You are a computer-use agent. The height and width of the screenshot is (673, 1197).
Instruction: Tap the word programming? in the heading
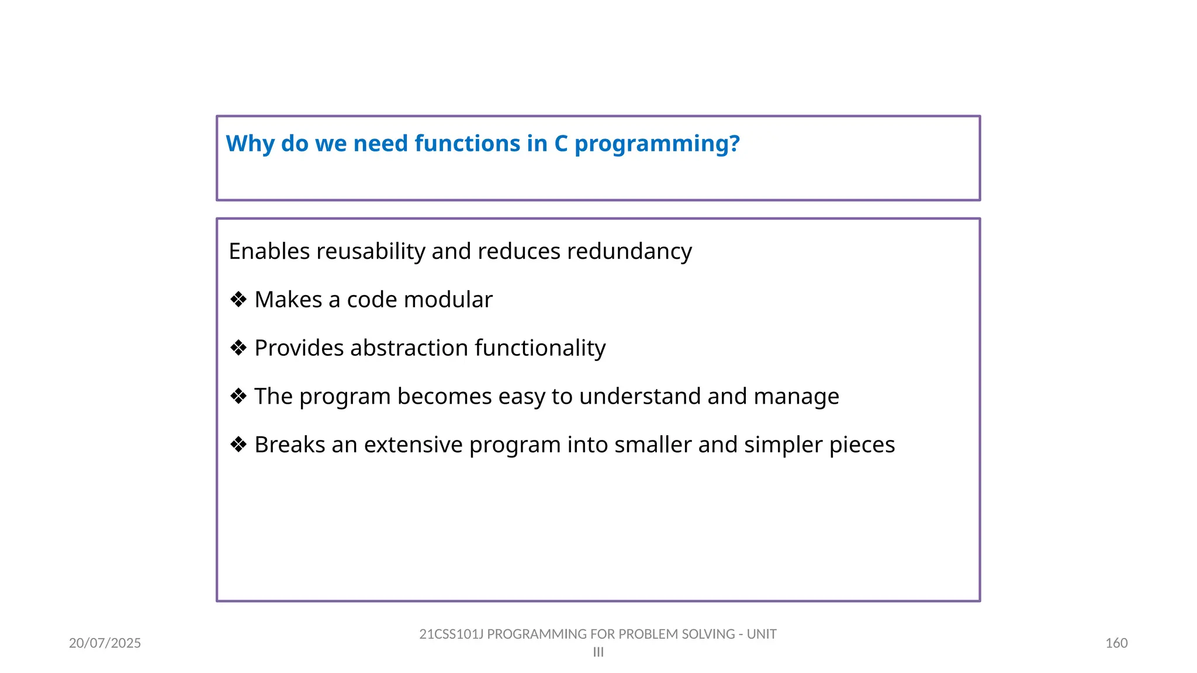coord(657,144)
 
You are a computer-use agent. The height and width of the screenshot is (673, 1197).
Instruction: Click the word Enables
coord(269,252)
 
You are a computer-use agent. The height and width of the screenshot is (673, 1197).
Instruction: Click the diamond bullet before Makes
coord(238,300)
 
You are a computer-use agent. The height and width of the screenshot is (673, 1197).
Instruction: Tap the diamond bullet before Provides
coord(238,348)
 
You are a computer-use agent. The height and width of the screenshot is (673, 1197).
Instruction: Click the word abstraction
coord(409,348)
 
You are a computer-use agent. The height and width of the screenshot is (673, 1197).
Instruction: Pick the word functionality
coord(540,348)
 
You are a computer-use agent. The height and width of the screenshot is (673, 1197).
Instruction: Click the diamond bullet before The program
coord(238,397)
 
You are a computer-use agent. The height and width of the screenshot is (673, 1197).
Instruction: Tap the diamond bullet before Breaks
coord(238,445)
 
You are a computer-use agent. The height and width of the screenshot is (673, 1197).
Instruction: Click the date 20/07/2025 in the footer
coord(105,643)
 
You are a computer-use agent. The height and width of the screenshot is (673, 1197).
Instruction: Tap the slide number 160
coord(1116,643)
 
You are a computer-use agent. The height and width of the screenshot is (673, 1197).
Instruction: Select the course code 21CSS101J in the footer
coord(451,634)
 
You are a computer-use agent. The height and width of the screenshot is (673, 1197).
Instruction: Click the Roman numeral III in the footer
coord(598,653)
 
